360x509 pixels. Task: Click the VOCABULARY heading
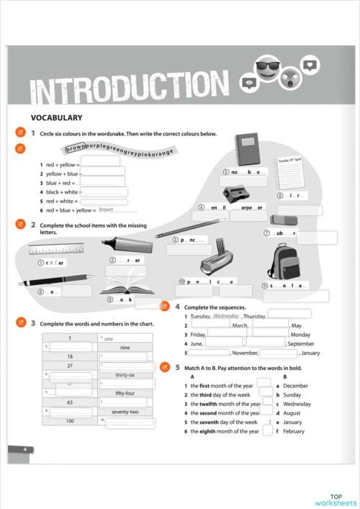click(x=56, y=117)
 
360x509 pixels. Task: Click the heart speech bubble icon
click(x=310, y=65)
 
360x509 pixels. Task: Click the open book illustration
click(x=127, y=285)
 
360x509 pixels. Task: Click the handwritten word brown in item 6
click(x=107, y=210)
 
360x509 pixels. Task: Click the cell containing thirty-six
click(x=125, y=375)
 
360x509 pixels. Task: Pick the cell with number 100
click(x=70, y=420)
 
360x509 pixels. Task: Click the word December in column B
click(x=295, y=386)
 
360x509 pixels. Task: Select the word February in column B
click(x=294, y=431)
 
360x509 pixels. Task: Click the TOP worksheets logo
click(x=335, y=500)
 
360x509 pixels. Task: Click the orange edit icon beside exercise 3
click(x=21, y=322)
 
